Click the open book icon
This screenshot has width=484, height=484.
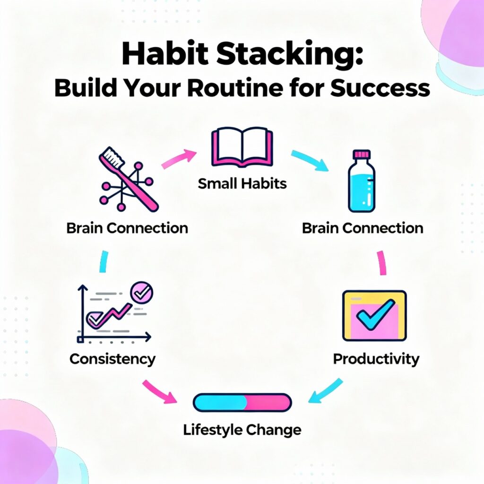242,148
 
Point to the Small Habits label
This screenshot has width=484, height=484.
242,183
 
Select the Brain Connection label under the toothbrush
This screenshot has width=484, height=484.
127,228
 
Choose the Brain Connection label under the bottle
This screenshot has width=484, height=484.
363,228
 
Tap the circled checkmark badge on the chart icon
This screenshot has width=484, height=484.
141,293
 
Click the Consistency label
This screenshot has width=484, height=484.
112,359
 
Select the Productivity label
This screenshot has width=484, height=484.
376,359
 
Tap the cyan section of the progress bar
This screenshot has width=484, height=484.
219,402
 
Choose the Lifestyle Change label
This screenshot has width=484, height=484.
242,430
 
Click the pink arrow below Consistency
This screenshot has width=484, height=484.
160,391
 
